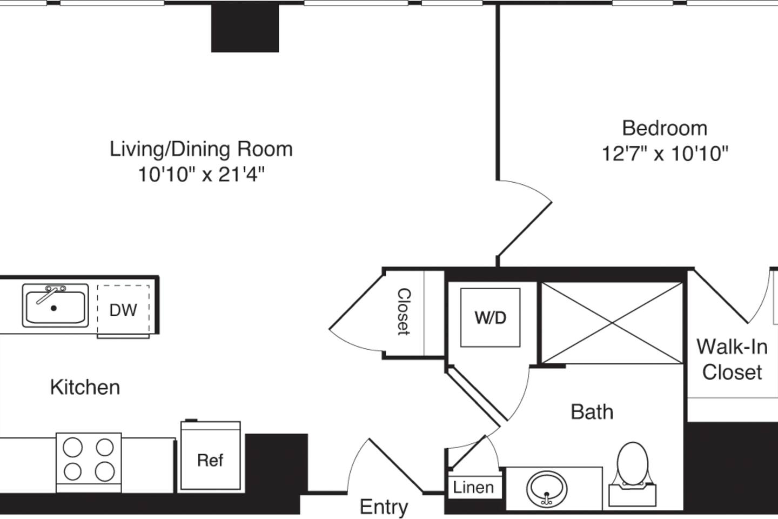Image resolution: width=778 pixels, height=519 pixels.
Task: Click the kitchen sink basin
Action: [x=55, y=307]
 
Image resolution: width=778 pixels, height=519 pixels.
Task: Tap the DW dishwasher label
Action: [x=123, y=310]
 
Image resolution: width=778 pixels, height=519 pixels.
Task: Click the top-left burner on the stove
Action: [x=73, y=448]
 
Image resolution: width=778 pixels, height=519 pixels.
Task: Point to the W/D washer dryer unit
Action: [x=490, y=317]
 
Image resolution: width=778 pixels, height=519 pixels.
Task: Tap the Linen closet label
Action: [x=473, y=487]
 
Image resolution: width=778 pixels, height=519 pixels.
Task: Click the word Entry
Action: [x=384, y=507]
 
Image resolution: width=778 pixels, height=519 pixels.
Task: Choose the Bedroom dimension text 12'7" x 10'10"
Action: [x=665, y=154]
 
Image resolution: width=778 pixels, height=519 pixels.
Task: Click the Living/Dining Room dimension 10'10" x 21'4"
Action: [x=201, y=174]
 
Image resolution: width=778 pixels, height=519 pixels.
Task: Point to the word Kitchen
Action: [x=85, y=387]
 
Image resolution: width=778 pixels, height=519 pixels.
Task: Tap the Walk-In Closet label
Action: [x=732, y=359]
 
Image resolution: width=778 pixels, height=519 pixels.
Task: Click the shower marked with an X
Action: [x=612, y=323]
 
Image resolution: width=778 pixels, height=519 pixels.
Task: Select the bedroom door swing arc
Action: [x=532, y=216]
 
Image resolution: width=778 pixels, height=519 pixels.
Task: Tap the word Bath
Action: [x=592, y=412]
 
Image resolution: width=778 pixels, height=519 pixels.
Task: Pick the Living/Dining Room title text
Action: [x=201, y=149]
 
